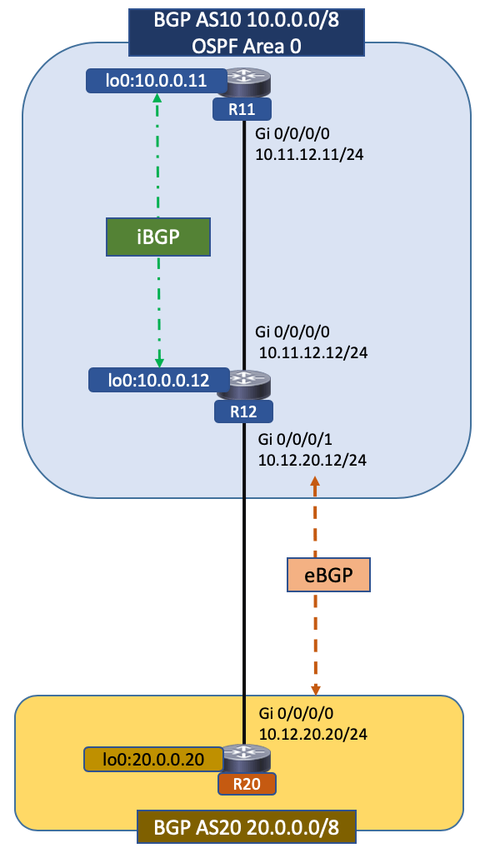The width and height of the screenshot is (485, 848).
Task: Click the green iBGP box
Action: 157,236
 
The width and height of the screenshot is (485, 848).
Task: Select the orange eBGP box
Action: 327,575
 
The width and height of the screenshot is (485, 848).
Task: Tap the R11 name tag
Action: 246,108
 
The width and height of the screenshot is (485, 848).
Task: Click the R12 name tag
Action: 246,410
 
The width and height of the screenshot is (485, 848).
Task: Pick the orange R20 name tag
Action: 246,784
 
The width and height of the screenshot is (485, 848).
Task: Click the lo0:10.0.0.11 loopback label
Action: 157,81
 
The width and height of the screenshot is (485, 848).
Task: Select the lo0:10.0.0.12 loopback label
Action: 158,381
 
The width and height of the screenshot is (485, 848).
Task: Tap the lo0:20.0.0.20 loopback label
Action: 153,759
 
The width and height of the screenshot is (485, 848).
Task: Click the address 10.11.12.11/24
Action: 312,155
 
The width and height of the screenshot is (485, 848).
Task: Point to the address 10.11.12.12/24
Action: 313,352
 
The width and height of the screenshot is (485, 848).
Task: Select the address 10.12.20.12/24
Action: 312,459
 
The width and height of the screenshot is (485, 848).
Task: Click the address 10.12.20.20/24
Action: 313,734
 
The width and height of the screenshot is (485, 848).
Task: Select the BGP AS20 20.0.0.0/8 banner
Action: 247,828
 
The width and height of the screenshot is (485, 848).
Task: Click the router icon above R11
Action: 246,82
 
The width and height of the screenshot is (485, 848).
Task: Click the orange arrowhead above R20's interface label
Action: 316,689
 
